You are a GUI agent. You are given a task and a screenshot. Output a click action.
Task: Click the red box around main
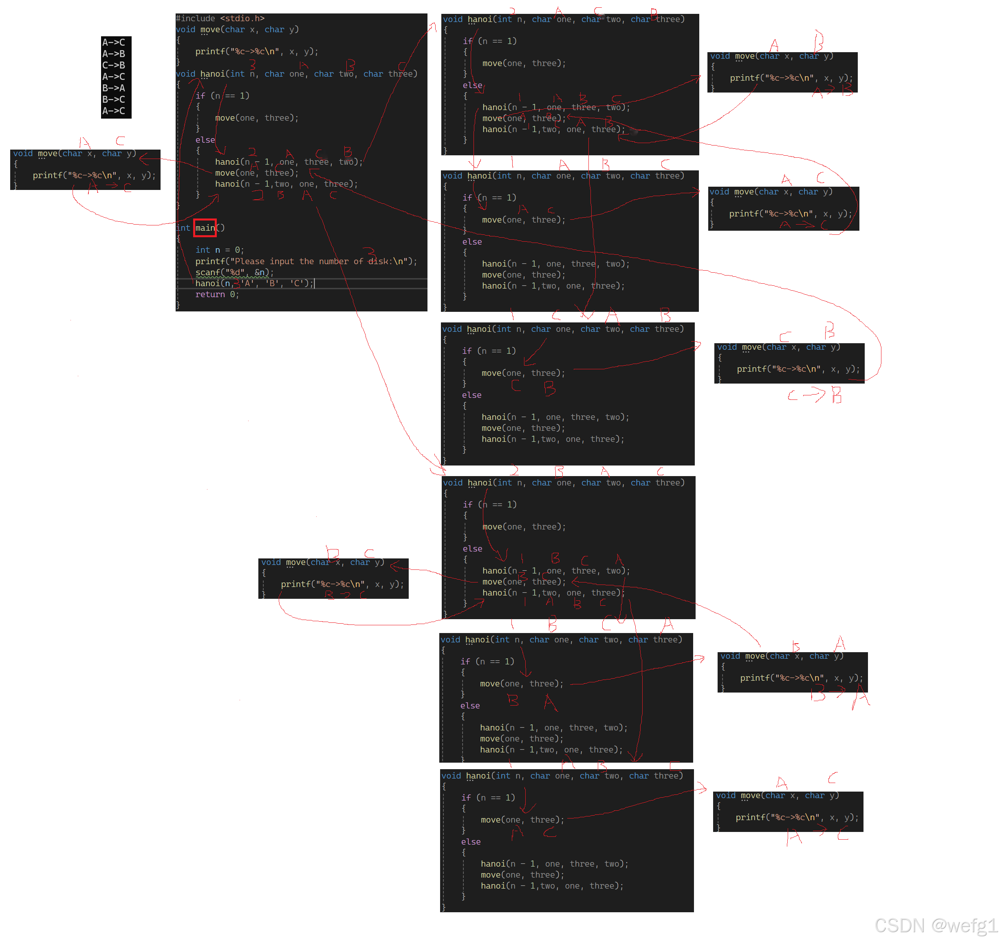205,228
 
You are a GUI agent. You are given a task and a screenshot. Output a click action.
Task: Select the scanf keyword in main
208,272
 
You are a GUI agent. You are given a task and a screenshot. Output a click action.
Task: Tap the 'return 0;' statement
217,294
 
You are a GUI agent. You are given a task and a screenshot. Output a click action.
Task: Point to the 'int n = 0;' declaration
219,250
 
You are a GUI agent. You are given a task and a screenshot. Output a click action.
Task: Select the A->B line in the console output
114,54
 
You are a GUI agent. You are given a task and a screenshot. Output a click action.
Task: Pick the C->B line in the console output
114,65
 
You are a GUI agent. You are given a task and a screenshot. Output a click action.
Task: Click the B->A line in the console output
114,88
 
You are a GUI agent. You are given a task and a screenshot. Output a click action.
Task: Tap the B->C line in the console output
114,99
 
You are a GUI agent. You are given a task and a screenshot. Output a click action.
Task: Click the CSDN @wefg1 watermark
935,926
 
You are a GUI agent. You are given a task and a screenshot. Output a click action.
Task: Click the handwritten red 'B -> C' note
345,595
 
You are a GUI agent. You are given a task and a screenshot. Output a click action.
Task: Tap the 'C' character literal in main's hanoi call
297,283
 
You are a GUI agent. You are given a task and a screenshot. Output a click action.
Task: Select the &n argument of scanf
260,272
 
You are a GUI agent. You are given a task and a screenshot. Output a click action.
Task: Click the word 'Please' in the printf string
249,261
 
